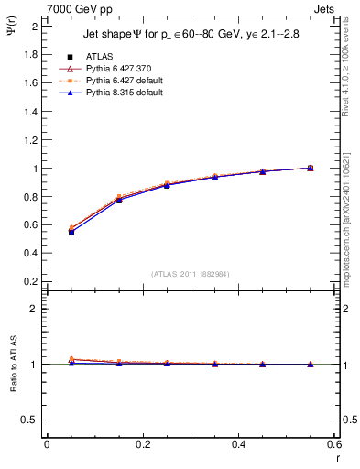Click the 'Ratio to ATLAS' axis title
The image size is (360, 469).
[13, 363]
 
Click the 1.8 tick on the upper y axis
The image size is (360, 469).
[30, 54]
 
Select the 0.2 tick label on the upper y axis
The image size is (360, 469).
[30, 282]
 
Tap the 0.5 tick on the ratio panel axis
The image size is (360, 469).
[30, 420]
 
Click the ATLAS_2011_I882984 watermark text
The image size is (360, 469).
[190, 274]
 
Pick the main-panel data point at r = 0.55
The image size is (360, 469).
[310, 168]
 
